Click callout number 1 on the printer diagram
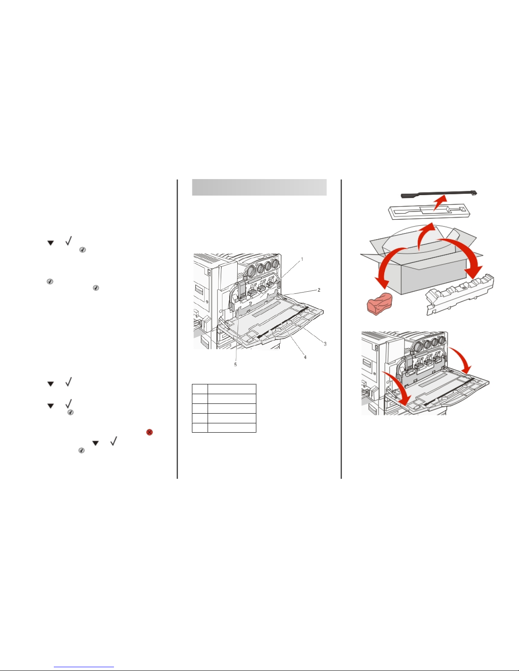pyautogui.click(x=302, y=259)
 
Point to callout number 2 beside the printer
pyautogui.click(x=319, y=290)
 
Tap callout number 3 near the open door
pyautogui.click(x=325, y=344)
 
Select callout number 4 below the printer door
pyautogui.click(x=305, y=357)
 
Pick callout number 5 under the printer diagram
pyautogui.click(x=236, y=364)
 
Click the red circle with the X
pyautogui.click(x=149, y=432)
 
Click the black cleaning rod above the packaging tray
pyautogui.click(x=439, y=194)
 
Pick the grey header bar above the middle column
pyautogui.click(x=259, y=187)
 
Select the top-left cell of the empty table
pyautogui.click(x=200, y=389)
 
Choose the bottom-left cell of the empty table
pyautogui.click(x=200, y=428)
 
